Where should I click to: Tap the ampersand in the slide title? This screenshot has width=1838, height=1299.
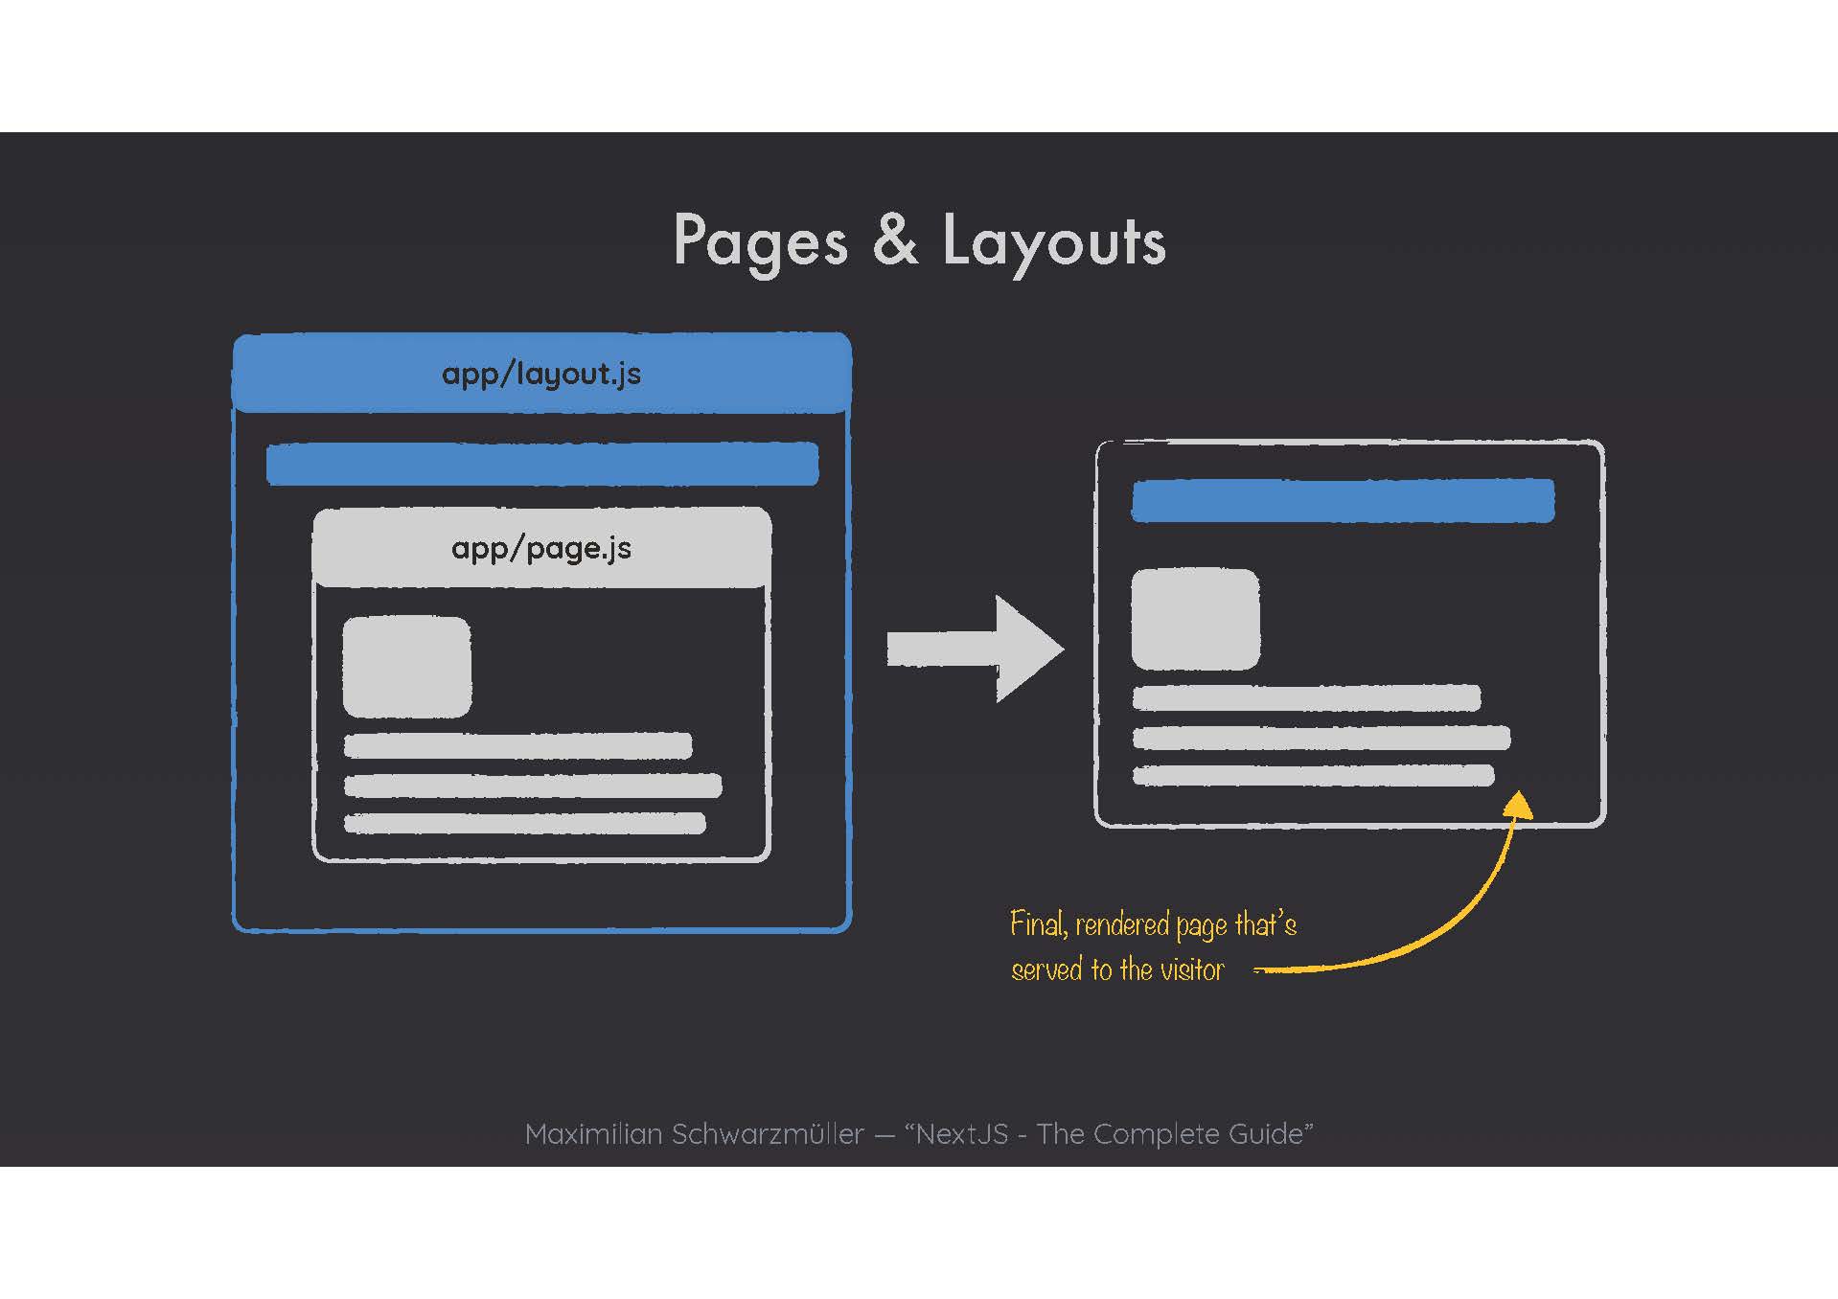click(895, 239)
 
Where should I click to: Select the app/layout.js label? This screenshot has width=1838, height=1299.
click(541, 374)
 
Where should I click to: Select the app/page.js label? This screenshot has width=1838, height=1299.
click(541, 548)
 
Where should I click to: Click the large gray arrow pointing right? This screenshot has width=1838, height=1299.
click(975, 649)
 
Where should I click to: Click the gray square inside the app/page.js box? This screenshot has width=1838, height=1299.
click(406, 667)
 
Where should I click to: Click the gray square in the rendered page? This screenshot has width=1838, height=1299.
click(1195, 619)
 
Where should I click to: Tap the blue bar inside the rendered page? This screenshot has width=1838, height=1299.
click(1343, 500)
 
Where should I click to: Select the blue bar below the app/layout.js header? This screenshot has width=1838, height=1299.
click(542, 464)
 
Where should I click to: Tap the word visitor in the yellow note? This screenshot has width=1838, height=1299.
click(1192, 969)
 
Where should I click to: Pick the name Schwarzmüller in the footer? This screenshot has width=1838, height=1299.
click(767, 1134)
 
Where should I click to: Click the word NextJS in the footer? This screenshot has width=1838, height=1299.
click(962, 1134)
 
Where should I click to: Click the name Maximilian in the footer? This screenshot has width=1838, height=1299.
click(593, 1134)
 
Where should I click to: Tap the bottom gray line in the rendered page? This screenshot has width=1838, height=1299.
click(1313, 775)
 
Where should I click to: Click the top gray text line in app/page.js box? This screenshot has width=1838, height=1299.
click(517, 745)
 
